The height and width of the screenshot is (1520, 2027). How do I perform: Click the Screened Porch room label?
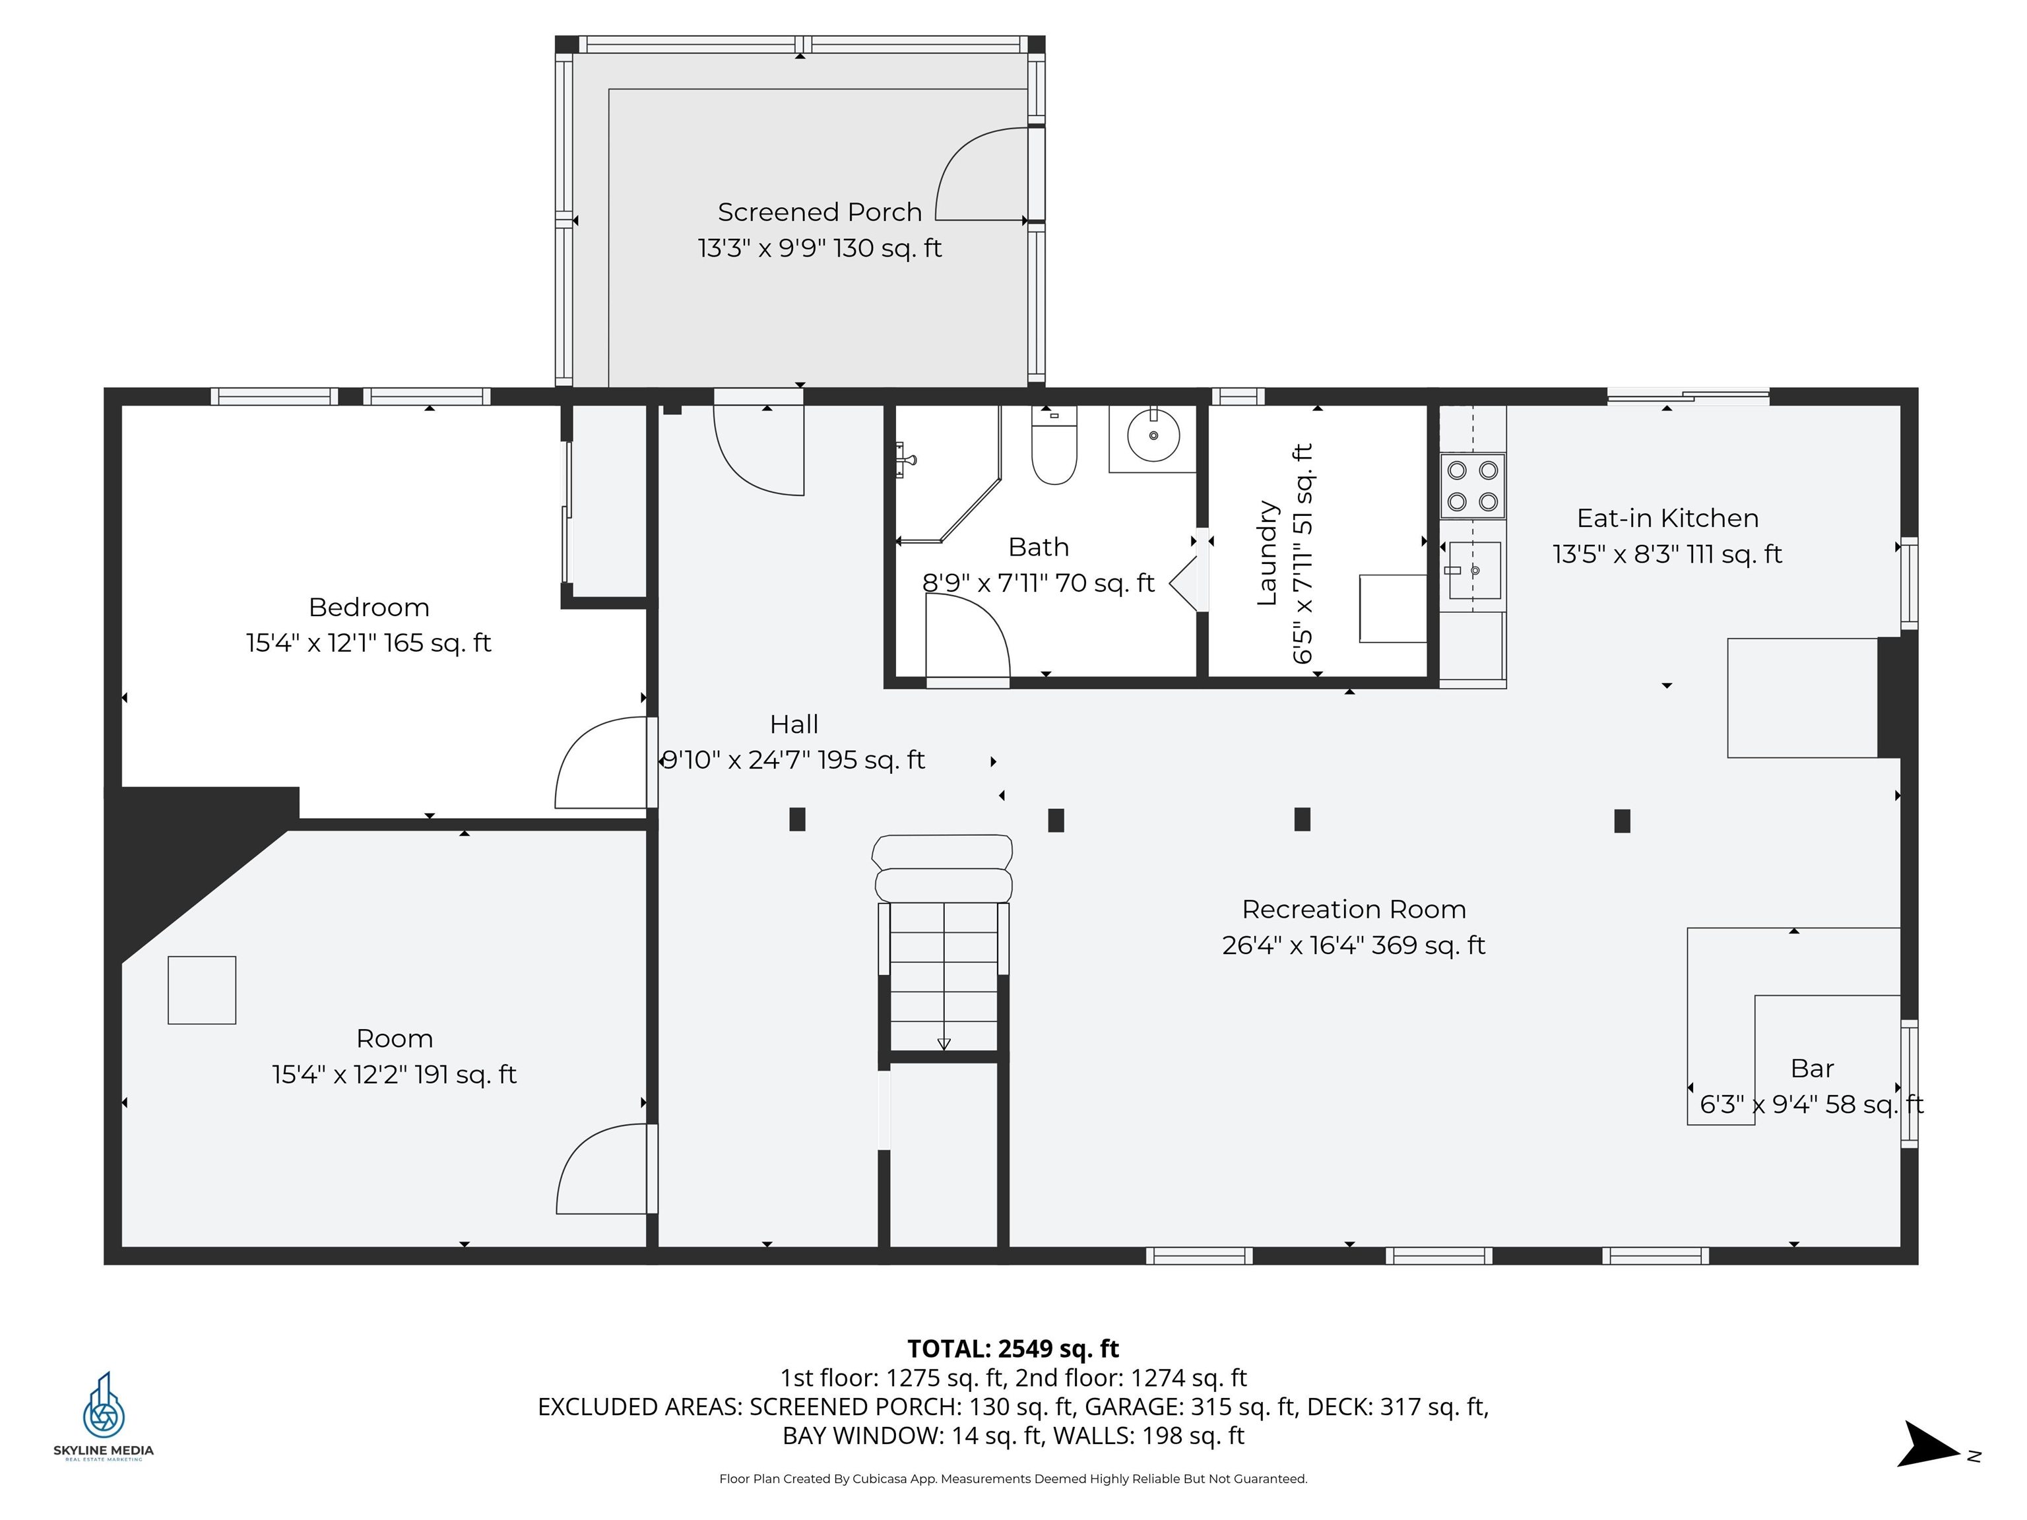[820, 212]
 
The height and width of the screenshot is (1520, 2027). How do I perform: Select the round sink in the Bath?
[1153, 436]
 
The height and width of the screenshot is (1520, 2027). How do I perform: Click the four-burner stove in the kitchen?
[1471, 486]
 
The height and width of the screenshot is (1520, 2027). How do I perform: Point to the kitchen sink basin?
[1475, 570]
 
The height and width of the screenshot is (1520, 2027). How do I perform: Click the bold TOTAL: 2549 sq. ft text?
[1013, 1348]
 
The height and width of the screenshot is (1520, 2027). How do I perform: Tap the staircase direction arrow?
[944, 1042]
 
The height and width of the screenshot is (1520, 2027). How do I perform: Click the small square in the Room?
[202, 990]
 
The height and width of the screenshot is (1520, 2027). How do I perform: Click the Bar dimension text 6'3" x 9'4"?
[1811, 1104]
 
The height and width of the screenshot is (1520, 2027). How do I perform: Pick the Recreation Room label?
[1353, 909]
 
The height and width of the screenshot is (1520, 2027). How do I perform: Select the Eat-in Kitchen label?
[1667, 519]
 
